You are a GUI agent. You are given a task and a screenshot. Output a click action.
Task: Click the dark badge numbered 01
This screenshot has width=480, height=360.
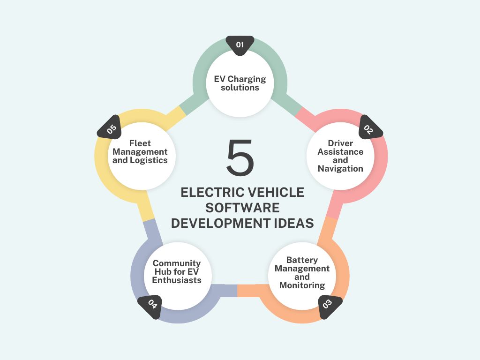pos(240,45)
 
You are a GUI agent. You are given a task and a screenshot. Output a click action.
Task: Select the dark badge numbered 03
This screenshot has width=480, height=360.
pos(329,306)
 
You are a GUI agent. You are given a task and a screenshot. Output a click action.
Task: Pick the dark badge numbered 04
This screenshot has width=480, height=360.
pos(150,306)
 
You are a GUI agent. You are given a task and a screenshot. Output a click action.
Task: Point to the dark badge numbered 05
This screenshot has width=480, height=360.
pos(110,128)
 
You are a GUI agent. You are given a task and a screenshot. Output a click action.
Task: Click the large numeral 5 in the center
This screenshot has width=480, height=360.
pos(240,157)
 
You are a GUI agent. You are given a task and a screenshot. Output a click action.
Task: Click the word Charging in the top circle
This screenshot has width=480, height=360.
pos(247,79)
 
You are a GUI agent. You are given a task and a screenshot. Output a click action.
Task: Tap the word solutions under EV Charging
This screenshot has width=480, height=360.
pos(240,88)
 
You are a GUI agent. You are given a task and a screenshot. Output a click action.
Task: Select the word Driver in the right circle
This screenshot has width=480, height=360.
pos(340,143)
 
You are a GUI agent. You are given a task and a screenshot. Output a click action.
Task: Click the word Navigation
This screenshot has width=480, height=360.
pos(340,169)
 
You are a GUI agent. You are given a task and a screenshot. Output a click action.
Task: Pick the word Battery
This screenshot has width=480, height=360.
pos(302,260)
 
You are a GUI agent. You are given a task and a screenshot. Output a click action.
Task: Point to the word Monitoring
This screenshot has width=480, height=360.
pos(302,285)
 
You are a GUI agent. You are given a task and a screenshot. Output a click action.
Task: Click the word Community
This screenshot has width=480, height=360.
pos(177,263)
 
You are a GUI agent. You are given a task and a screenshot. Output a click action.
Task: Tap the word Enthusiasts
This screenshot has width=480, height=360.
pos(177,280)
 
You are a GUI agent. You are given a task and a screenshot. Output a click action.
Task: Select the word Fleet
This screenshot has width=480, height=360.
pos(140,143)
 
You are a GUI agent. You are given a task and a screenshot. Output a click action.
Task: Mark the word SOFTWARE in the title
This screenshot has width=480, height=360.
pos(242,208)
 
